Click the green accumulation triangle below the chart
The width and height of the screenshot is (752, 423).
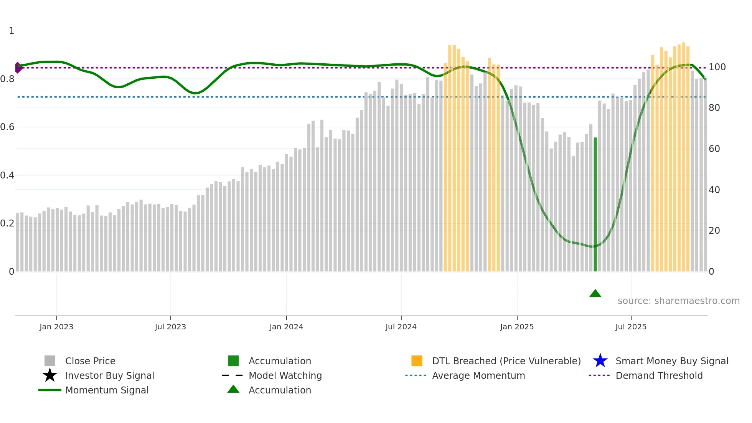pos(595,294)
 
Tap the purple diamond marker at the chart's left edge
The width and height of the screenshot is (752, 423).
pos(18,68)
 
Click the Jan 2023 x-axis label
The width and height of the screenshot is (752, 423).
pos(56,327)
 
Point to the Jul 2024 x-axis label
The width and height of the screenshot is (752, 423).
pos(401,327)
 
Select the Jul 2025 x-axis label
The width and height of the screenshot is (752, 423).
pos(631,327)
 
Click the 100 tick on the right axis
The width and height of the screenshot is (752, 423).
pos(717,67)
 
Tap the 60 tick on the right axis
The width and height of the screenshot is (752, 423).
pos(714,149)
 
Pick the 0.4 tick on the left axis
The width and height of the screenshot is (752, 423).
pos(7,175)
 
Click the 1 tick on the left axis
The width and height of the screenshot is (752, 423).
pos(12,31)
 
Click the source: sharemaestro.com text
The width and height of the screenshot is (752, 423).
pos(678,301)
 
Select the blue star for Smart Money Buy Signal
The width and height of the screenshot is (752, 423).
pos(600,361)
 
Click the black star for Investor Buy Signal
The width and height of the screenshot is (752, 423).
pos(50,375)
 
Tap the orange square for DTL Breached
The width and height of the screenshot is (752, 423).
pos(417,361)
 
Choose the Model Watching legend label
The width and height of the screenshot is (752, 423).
pos(285,375)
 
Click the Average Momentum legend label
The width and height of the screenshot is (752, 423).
pos(478,375)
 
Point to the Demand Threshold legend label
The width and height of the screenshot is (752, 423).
pos(659,375)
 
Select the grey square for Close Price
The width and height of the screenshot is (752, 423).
pos(50,361)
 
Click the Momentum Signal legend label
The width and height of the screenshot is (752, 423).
pos(107,390)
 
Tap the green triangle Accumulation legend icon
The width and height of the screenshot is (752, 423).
pos(233,389)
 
